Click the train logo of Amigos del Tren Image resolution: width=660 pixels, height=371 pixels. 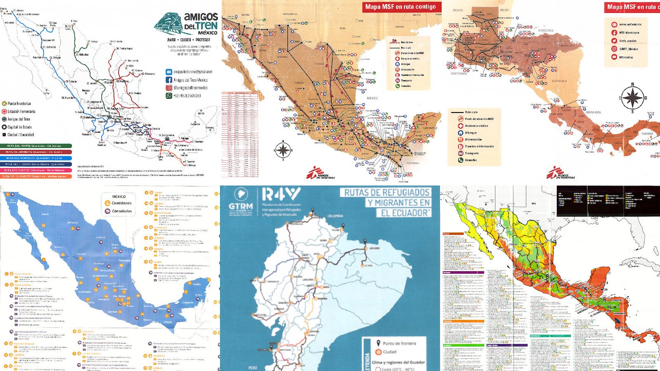[x=168, y=23]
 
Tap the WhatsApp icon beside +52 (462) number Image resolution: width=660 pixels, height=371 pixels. [x=169, y=95]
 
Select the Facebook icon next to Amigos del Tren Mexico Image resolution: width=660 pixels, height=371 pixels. [x=169, y=80]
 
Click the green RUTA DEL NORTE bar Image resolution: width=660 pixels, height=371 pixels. [x=36, y=146]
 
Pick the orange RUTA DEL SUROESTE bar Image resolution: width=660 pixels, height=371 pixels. [x=36, y=176]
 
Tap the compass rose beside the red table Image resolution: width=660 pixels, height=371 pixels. [x=283, y=150]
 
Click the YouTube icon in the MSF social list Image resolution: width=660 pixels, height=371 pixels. [x=614, y=57]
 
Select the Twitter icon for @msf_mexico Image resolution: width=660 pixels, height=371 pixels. [x=614, y=41]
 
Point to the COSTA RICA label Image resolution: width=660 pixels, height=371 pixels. [x=593, y=112]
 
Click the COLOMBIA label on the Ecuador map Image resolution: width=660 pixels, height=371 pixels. [x=335, y=216]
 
